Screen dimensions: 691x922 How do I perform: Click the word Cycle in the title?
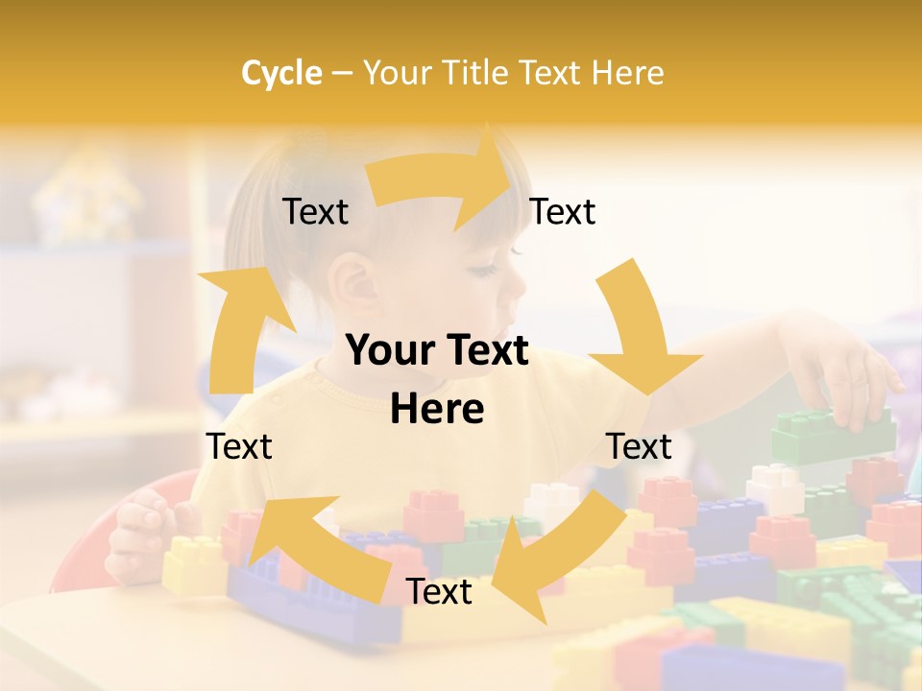(281, 73)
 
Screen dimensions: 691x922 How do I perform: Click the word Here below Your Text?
(437, 410)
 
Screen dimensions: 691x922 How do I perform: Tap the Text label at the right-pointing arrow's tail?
(316, 212)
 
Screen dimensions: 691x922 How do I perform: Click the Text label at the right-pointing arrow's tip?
(563, 212)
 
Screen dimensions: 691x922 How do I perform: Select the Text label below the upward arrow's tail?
(239, 447)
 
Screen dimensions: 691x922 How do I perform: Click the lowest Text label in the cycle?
(439, 592)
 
